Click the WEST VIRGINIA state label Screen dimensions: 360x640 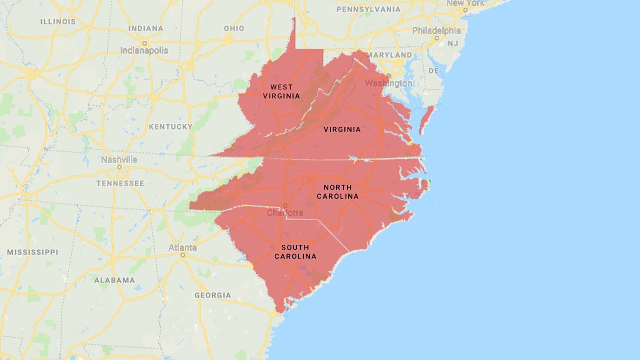(282, 91)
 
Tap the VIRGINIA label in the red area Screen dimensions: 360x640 (342, 129)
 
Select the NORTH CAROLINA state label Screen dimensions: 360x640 (337, 192)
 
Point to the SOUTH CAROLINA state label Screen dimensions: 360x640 (295, 252)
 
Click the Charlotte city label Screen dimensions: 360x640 (285, 213)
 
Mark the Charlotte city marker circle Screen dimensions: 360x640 (285, 205)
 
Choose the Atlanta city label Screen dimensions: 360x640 (182, 248)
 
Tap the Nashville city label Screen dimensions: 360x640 (119, 160)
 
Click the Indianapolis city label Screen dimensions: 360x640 (144, 50)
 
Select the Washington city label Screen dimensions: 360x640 (389, 83)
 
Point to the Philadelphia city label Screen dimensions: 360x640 (436, 30)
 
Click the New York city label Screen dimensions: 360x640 (465, 3)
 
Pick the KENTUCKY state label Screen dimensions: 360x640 (170, 127)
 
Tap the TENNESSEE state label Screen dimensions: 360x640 (120, 183)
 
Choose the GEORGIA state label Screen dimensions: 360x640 (212, 295)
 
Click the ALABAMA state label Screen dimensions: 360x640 (114, 280)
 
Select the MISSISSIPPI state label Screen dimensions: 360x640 (32, 252)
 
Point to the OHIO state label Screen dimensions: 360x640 (234, 28)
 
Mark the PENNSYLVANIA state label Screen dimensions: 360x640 (368, 9)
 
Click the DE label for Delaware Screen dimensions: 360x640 (433, 71)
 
